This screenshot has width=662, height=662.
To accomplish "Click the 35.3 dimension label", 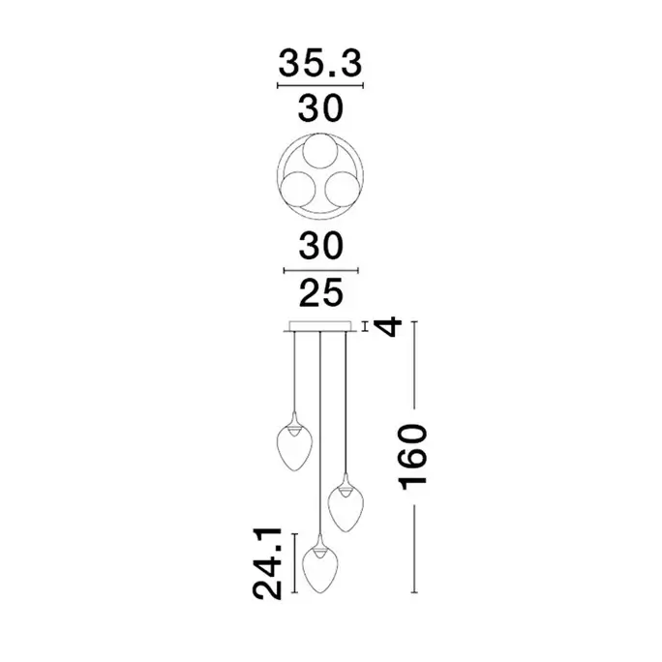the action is tap(320, 64).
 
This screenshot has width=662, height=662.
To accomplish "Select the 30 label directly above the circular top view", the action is tap(320, 109).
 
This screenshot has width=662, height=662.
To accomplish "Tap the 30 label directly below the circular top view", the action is tap(321, 246).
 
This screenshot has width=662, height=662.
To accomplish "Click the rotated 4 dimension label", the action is tap(388, 326).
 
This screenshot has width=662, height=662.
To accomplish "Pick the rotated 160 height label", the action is tap(413, 457).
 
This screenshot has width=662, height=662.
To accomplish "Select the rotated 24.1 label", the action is tap(267, 563).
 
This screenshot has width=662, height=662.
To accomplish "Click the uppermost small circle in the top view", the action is tap(320, 151).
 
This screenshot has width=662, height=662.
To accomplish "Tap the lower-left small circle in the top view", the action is tap(298, 189).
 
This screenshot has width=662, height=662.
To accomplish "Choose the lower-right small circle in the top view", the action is tap(343, 189).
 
